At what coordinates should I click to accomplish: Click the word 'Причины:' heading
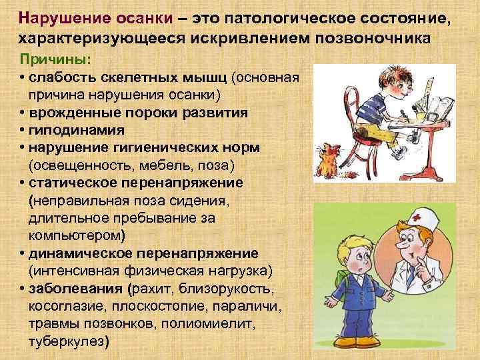(x=49, y=58)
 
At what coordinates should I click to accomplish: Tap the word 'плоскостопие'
(x=147, y=306)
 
